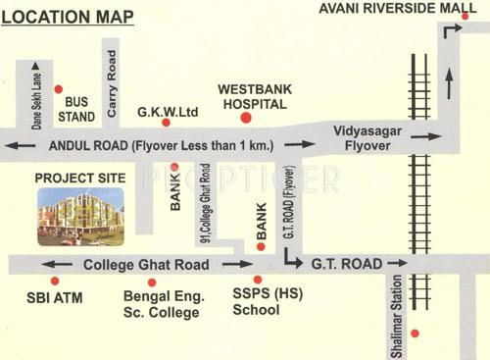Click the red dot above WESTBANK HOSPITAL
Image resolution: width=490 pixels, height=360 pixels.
(246, 120)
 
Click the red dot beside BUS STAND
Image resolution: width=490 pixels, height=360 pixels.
(57, 88)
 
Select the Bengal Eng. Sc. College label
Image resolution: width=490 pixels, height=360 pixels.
(162, 303)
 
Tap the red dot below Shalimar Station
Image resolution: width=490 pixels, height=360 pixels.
(415, 334)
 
